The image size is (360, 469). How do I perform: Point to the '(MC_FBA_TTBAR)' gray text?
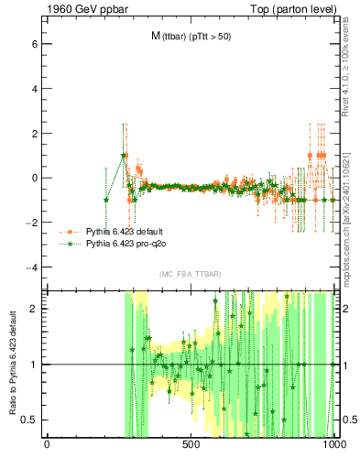tap(191, 274)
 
